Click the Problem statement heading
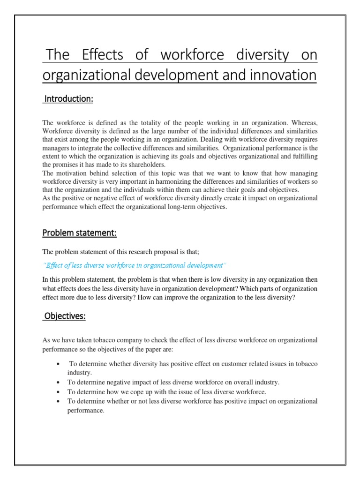[80, 233]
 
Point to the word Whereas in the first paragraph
[302, 123]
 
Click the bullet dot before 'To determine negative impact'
[57, 382]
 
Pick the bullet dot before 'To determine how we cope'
[57, 392]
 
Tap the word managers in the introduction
[57, 148]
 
